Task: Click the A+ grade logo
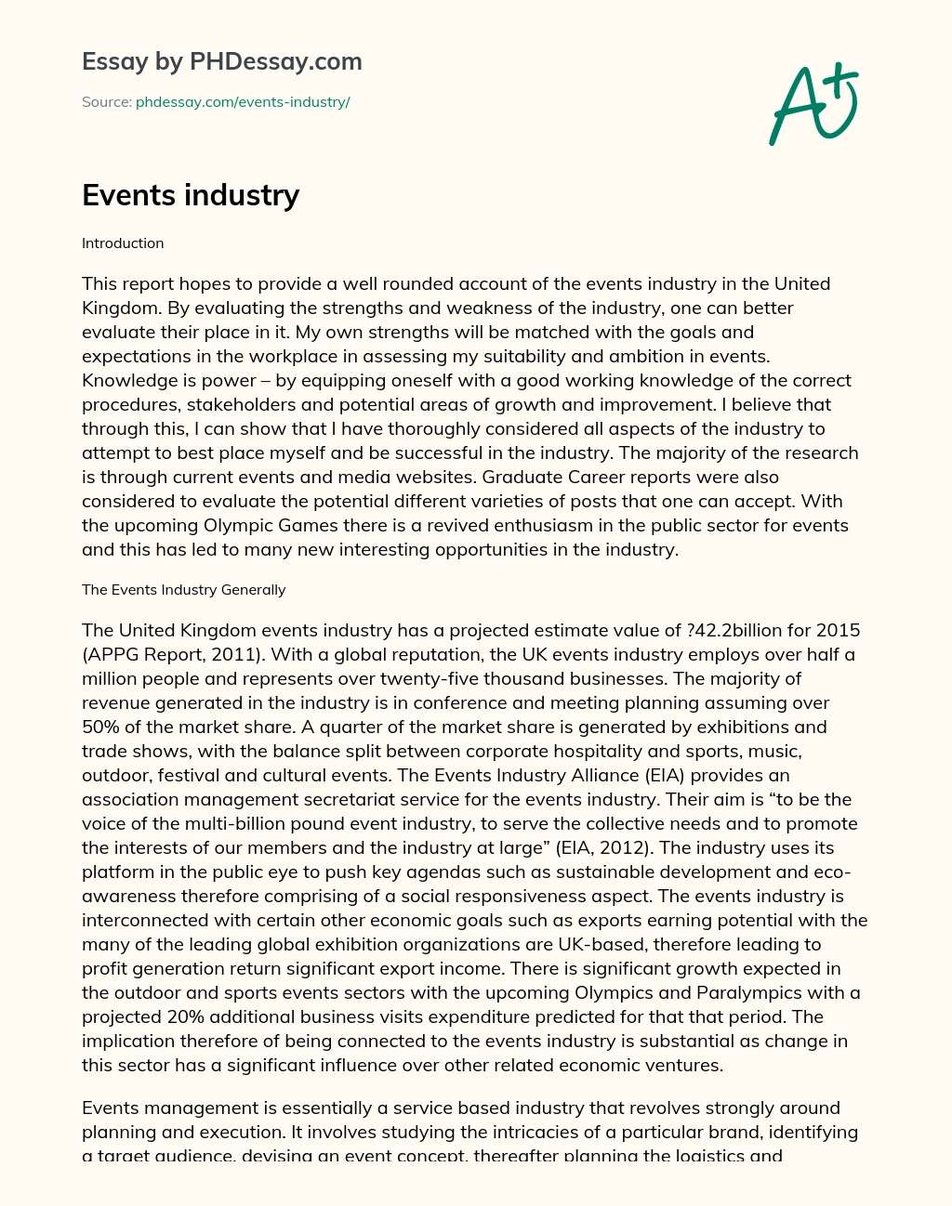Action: [x=813, y=104]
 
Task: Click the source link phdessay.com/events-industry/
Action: [x=243, y=102]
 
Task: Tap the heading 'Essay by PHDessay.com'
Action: [x=221, y=61]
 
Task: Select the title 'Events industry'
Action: [x=191, y=195]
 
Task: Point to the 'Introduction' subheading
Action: [x=123, y=243]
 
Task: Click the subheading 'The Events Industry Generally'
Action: [x=183, y=590]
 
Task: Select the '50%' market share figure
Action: [x=102, y=727]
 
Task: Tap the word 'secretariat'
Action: [x=364, y=799]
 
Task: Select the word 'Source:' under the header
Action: [x=106, y=102]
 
